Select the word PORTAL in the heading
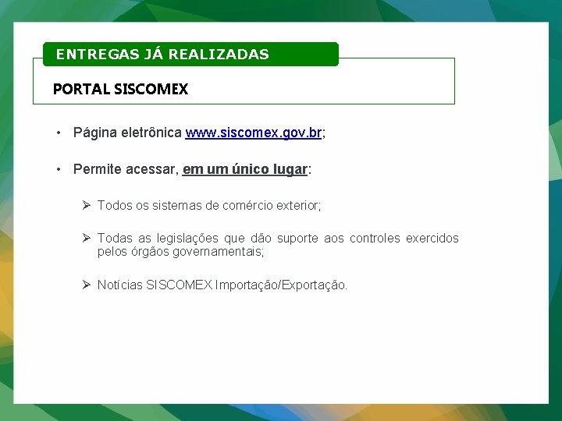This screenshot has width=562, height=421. tap(81, 89)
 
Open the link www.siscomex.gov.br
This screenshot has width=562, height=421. tap(254, 133)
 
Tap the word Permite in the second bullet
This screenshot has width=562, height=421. tap(97, 169)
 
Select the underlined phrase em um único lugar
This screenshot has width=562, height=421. tap(245, 169)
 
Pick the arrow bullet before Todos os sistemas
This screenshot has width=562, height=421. tap(87, 205)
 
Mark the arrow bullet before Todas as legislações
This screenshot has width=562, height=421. tap(87, 238)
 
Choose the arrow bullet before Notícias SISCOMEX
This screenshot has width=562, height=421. tap(87, 285)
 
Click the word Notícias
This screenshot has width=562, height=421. tap(120, 285)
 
